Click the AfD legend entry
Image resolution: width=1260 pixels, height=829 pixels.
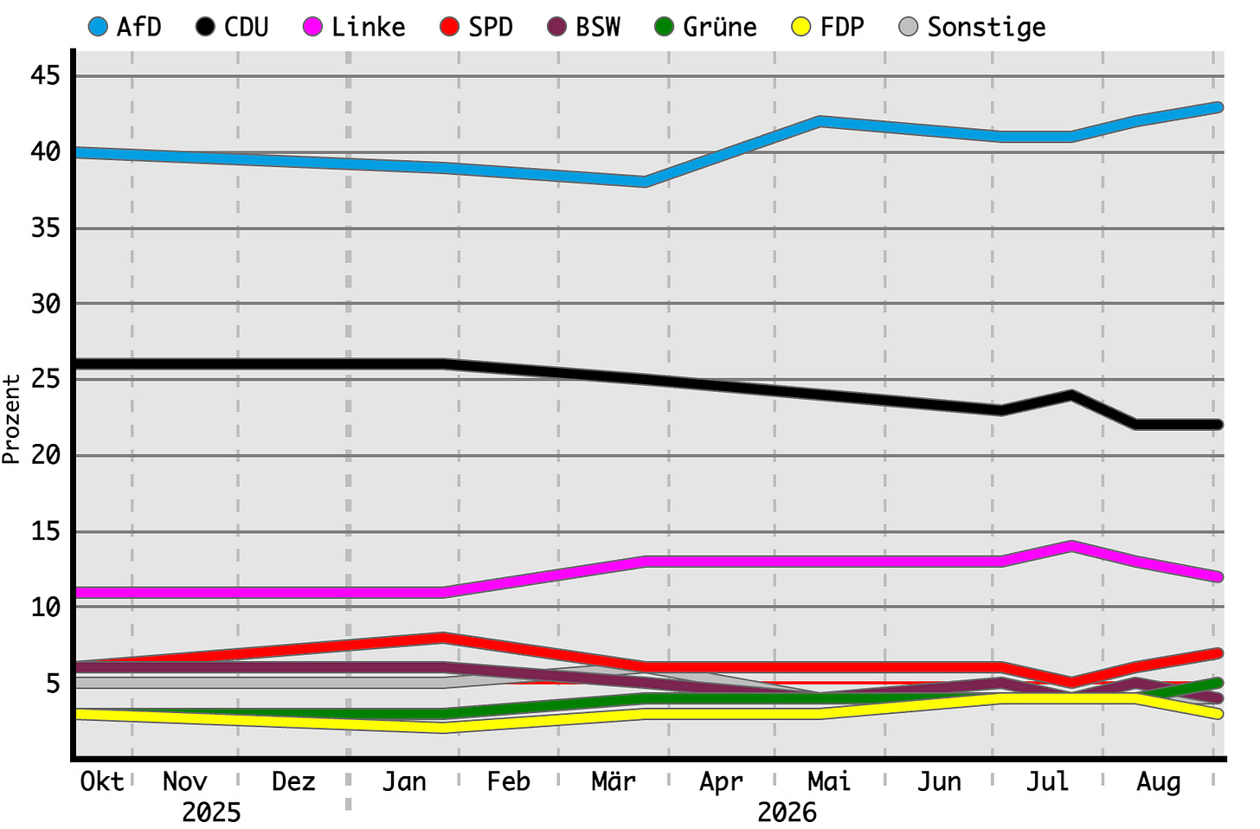tap(125, 27)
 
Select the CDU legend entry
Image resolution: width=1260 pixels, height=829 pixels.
tap(232, 27)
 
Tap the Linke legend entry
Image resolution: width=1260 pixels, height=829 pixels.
tap(354, 27)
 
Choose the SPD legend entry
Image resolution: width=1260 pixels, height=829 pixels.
tap(477, 27)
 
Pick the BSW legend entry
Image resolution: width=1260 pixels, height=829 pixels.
tap(584, 27)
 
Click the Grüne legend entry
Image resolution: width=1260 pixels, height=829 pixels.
tap(705, 27)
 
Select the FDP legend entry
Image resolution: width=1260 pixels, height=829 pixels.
tap(828, 27)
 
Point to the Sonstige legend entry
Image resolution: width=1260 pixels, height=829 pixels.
tap(973, 27)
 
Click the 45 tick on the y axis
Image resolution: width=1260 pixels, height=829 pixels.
tap(46, 75)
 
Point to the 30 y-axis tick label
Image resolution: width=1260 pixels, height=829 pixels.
tap(46, 304)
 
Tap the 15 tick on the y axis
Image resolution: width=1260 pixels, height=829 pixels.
tap(46, 531)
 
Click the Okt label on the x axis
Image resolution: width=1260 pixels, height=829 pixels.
tap(102, 781)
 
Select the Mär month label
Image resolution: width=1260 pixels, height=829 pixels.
tap(613, 781)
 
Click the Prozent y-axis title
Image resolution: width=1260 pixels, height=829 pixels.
tap(10, 420)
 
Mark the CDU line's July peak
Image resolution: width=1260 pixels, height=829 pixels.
tap(1071, 395)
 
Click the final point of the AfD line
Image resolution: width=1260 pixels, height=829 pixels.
tap(1216, 106)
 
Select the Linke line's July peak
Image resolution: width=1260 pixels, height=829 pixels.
tap(1071, 546)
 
